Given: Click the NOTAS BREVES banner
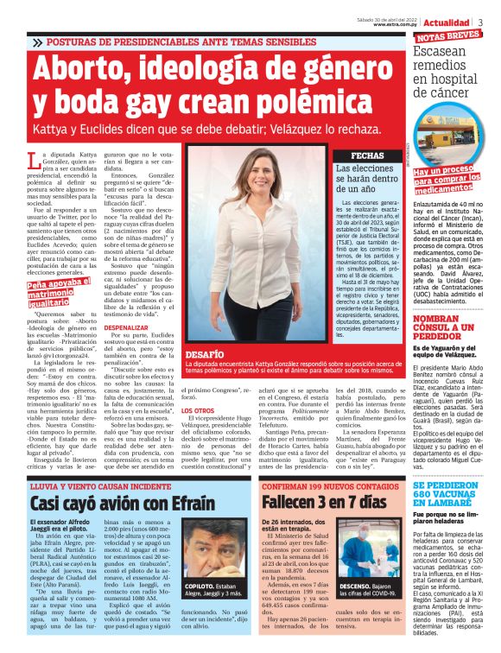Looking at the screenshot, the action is click(448, 35).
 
